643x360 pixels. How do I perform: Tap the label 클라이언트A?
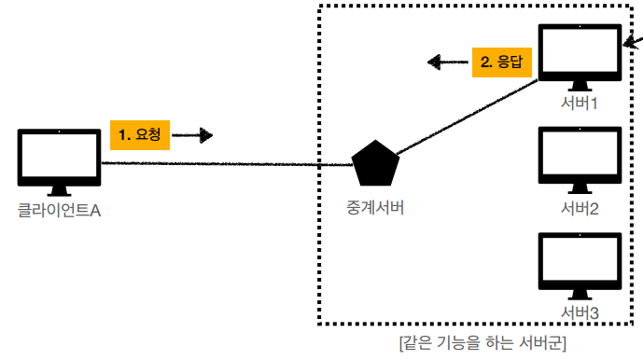coord(59,211)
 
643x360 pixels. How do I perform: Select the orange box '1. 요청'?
coord(140,134)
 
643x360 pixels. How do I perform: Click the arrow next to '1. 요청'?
coord(193,136)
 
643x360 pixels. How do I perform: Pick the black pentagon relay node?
coord(377,164)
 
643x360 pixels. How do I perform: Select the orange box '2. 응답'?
coord(501,62)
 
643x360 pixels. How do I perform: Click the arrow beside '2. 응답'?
coord(447,62)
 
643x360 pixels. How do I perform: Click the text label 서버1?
coord(580,104)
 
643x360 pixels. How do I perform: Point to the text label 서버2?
coord(580,207)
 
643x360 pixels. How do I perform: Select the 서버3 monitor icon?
coord(580,261)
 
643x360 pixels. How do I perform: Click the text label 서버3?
coord(580,311)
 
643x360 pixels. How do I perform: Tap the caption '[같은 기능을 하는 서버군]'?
coord(482,342)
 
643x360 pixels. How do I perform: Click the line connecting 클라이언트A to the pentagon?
coord(224,165)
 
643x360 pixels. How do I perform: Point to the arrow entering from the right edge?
coord(634,40)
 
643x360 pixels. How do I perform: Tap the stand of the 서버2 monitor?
coord(580,187)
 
